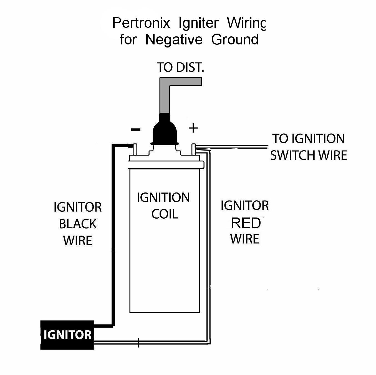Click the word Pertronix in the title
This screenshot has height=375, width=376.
141,23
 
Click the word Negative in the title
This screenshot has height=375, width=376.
174,39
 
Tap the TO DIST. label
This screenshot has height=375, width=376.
180,67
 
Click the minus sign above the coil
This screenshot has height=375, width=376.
136,129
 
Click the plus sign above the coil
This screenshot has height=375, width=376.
193,128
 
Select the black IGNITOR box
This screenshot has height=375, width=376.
67,335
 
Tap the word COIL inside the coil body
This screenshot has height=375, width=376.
165,214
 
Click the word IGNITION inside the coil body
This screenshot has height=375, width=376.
163,198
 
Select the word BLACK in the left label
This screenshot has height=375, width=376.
78,224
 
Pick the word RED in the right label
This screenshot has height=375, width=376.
246,223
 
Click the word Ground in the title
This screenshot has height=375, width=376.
235,39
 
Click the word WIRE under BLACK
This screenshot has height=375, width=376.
78,241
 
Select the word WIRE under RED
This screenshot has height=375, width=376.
245,239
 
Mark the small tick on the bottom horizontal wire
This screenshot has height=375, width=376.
138,343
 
